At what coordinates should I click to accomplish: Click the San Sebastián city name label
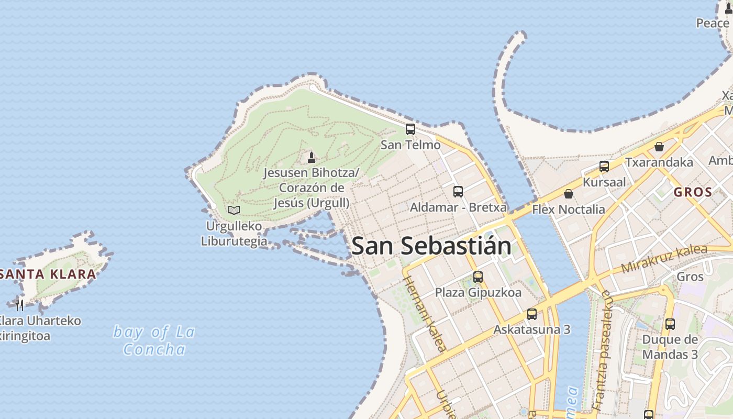431,246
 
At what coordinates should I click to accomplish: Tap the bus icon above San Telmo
410,129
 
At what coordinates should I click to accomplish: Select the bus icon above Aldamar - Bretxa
458,192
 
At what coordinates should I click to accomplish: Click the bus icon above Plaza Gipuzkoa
478,277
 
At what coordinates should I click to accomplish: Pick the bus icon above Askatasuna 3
532,314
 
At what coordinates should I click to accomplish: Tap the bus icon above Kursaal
604,167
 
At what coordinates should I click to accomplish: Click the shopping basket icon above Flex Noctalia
569,194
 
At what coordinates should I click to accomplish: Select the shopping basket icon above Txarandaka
659,147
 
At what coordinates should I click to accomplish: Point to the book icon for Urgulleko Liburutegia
234,210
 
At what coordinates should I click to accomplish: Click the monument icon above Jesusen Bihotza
312,157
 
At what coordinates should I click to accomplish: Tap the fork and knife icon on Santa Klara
19,305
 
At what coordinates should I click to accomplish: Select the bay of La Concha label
154,340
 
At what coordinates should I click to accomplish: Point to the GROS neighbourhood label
693,192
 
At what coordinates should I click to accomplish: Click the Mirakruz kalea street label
664,259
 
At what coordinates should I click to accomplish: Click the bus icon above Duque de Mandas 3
670,324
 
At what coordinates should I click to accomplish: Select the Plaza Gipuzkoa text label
479,292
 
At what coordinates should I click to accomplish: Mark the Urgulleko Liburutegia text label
234,234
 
